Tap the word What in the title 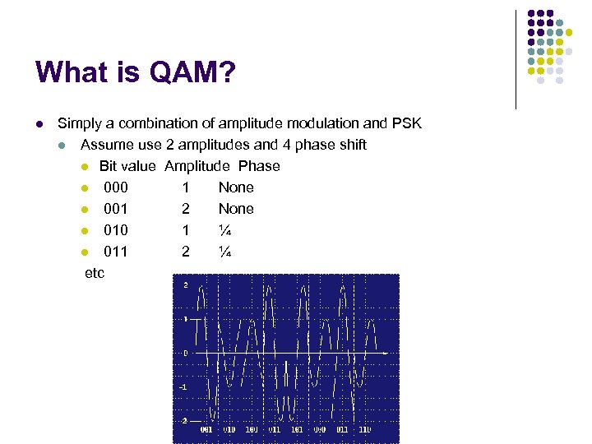pos(72,73)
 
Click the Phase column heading pos(259,166)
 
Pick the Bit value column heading pos(127,166)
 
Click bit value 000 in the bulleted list pos(116,187)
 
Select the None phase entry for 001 pos(236,209)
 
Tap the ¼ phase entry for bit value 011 pos(224,252)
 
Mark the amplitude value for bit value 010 pos(186,230)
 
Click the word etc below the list pos(95,273)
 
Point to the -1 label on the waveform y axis pos(184,386)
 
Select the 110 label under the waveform pos(364,428)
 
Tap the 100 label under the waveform pos(252,428)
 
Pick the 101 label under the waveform pos(297,428)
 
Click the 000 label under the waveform pos(319,428)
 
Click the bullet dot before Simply pos(39,124)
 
